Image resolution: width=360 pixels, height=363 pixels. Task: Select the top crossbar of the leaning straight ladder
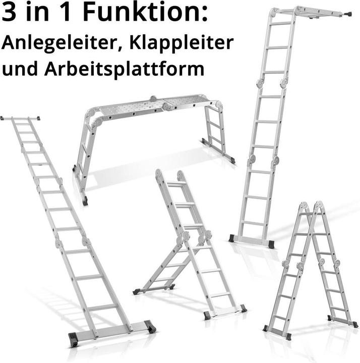(20, 118)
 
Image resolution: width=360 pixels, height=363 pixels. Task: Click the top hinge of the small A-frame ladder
(311, 207)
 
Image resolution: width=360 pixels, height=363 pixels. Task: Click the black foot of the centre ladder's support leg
(137, 291)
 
